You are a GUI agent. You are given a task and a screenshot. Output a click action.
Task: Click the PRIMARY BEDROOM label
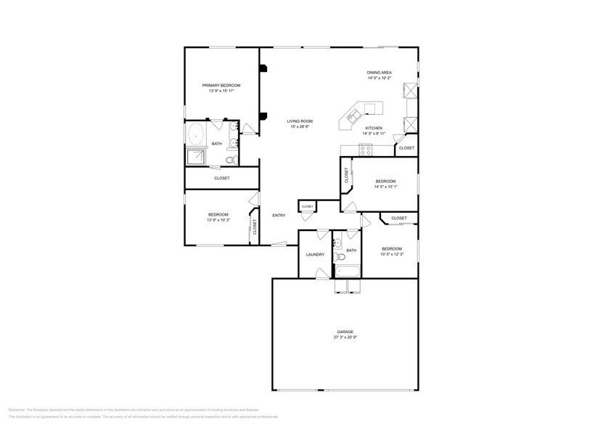pyautogui.click(x=221, y=86)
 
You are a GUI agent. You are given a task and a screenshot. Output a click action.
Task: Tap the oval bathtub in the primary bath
pyautogui.click(x=196, y=133)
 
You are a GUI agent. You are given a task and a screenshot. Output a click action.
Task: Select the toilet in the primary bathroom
pyautogui.click(x=230, y=160)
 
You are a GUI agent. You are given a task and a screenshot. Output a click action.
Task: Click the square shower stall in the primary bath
pyautogui.click(x=196, y=157)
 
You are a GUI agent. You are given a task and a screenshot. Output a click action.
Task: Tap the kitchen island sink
pyautogui.click(x=355, y=114)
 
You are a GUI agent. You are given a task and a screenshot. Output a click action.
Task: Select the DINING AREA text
pyautogui.click(x=379, y=73)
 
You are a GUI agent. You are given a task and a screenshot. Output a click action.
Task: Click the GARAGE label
pyautogui.click(x=345, y=332)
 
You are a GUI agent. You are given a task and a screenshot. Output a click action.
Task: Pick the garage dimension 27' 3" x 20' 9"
pyautogui.click(x=345, y=338)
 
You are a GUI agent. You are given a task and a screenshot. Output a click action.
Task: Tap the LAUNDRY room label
pyautogui.click(x=315, y=254)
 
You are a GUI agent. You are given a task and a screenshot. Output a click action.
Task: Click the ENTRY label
pyautogui.click(x=279, y=216)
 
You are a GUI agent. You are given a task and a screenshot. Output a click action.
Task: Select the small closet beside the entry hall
pyautogui.click(x=307, y=206)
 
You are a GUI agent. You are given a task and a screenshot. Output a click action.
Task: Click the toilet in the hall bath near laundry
pyautogui.click(x=339, y=256)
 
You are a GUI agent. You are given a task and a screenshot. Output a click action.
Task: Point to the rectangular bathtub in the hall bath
pyautogui.click(x=348, y=272)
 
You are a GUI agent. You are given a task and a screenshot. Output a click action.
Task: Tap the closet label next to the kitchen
pyautogui.click(x=406, y=148)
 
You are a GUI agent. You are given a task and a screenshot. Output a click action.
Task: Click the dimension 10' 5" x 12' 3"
pyautogui.click(x=392, y=254)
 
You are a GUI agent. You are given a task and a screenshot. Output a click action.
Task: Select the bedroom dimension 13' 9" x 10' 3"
pyautogui.click(x=218, y=220)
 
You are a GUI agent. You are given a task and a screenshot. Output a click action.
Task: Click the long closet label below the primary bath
pyautogui.click(x=221, y=178)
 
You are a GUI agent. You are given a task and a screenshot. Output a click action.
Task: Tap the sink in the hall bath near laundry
pyautogui.click(x=337, y=242)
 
